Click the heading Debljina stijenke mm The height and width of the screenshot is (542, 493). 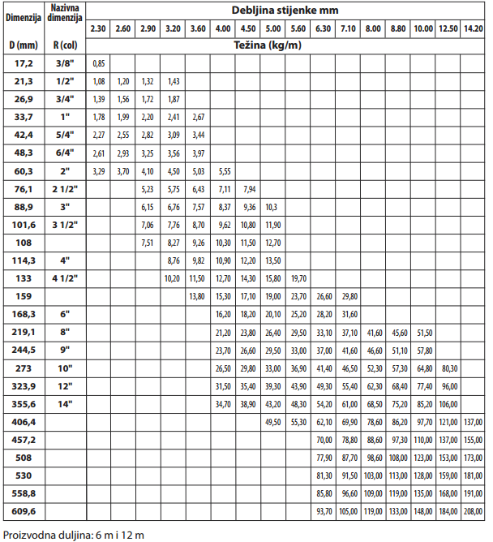tap(286, 10)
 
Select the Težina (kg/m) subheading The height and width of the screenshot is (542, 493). tap(285, 44)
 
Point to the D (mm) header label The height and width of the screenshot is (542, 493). tap(22, 45)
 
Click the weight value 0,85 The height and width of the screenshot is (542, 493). tap(99, 62)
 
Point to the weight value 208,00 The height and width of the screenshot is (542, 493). tap(474, 511)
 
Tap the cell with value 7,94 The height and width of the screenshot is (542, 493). tap(249, 188)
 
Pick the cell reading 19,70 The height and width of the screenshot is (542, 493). tap(298, 277)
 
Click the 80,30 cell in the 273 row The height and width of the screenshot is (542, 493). tap(448, 368)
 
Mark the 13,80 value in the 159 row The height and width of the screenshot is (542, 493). tap(197, 295)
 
